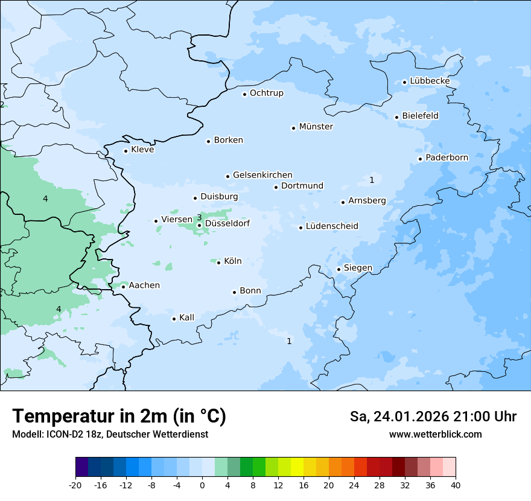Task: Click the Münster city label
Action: [x=316, y=127]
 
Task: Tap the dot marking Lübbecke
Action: [x=405, y=82]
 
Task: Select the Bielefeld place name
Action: [x=420, y=115]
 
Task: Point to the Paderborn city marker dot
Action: [x=420, y=159]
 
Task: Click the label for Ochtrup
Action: [x=266, y=93]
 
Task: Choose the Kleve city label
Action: [x=142, y=150]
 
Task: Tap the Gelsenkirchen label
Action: [x=262, y=175]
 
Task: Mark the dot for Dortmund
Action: [x=276, y=187]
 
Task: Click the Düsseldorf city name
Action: [x=227, y=223]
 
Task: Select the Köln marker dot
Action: [x=218, y=263]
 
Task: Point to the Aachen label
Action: [x=144, y=285]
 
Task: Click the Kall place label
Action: [x=186, y=318]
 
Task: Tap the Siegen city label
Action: [x=358, y=268]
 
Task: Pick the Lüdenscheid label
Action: [x=332, y=226]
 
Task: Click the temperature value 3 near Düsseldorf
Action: [x=199, y=217]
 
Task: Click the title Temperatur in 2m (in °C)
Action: [x=119, y=416]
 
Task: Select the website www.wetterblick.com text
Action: [x=435, y=434]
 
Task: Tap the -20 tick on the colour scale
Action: [x=75, y=485]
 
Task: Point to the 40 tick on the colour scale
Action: [x=456, y=485]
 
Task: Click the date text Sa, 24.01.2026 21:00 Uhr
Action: [x=433, y=416]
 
